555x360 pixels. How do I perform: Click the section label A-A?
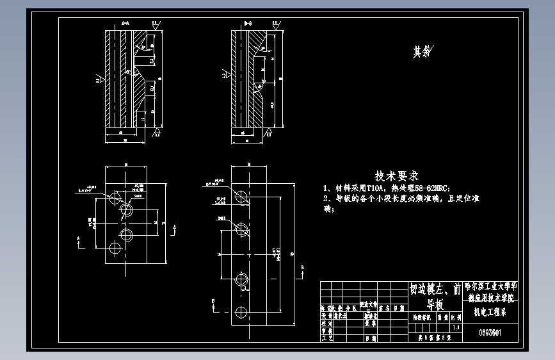(125, 23)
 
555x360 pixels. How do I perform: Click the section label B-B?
(248, 23)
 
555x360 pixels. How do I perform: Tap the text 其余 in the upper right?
(422, 53)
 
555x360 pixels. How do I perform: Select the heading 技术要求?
(396, 175)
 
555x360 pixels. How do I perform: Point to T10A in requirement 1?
(373, 188)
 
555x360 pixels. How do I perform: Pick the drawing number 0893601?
(490, 332)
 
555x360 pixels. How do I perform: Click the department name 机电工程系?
(490, 313)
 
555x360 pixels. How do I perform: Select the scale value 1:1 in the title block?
(455, 327)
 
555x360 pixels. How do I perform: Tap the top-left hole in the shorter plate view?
(116, 197)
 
